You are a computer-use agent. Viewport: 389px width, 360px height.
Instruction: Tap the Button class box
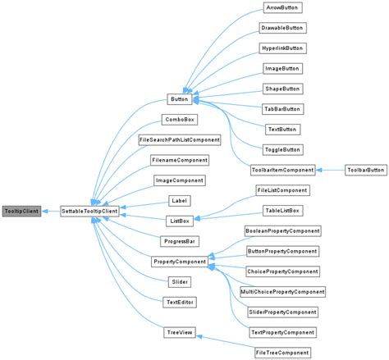click(179, 99)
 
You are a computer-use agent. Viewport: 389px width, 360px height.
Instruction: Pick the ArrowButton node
click(281, 8)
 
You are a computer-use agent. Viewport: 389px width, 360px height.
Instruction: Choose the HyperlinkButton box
click(281, 48)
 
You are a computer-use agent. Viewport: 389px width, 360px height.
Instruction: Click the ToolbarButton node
click(364, 170)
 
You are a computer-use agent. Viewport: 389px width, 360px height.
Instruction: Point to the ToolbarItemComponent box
click(281, 170)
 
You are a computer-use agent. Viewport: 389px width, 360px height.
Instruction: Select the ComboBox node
click(179, 120)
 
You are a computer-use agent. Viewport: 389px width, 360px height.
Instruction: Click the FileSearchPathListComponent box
click(179, 139)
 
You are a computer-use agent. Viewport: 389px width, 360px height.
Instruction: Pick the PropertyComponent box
click(179, 261)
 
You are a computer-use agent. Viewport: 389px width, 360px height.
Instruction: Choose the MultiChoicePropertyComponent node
click(281, 291)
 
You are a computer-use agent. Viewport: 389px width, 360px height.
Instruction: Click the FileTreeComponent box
click(281, 352)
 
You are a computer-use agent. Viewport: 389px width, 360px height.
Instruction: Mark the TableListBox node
click(281, 211)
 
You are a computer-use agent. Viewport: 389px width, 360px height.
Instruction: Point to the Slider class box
click(179, 281)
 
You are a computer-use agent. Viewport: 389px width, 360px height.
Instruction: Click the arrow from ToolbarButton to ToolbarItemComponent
click(330, 170)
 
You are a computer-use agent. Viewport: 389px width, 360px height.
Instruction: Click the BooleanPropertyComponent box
click(281, 230)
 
